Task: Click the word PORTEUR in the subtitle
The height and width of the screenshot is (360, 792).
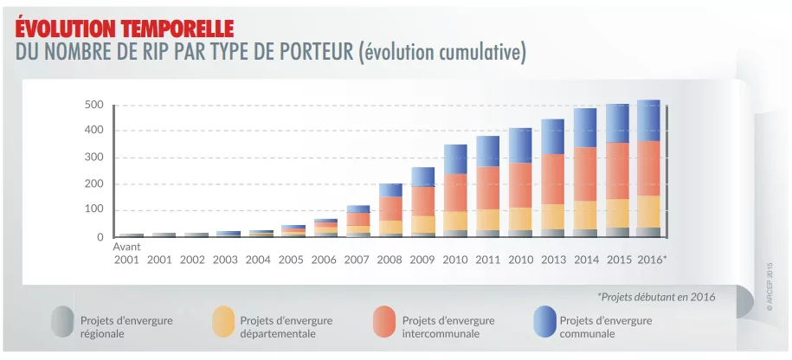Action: [x=312, y=53]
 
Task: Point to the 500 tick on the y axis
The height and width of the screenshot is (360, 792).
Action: [x=93, y=106]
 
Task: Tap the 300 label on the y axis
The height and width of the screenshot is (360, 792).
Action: [x=93, y=157]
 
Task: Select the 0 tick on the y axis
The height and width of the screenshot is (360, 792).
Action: [x=100, y=237]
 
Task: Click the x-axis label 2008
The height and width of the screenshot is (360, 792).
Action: [x=390, y=260]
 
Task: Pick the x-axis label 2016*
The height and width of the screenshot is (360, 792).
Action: [x=652, y=260]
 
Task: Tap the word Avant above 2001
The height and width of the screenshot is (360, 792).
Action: [x=127, y=247]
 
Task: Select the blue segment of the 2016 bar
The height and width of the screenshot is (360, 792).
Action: [x=647, y=120]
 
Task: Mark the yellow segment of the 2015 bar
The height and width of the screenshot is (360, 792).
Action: [x=617, y=213]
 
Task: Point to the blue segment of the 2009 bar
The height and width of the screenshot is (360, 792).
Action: [x=422, y=177]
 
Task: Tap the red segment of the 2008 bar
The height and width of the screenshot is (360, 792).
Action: [x=390, y=209]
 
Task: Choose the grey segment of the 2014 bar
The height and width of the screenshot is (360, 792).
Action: [x=585, y=233]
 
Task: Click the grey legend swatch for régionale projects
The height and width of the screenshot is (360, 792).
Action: [x=61, y=321]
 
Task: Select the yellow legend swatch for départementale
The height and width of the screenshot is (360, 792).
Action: [x=222, y=321]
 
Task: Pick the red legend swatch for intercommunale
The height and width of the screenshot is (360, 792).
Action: [x=383, y=321]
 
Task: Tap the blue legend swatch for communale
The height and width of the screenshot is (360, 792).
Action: [x=544, y=321]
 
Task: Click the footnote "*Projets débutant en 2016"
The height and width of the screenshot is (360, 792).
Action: [x=656, y=296]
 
